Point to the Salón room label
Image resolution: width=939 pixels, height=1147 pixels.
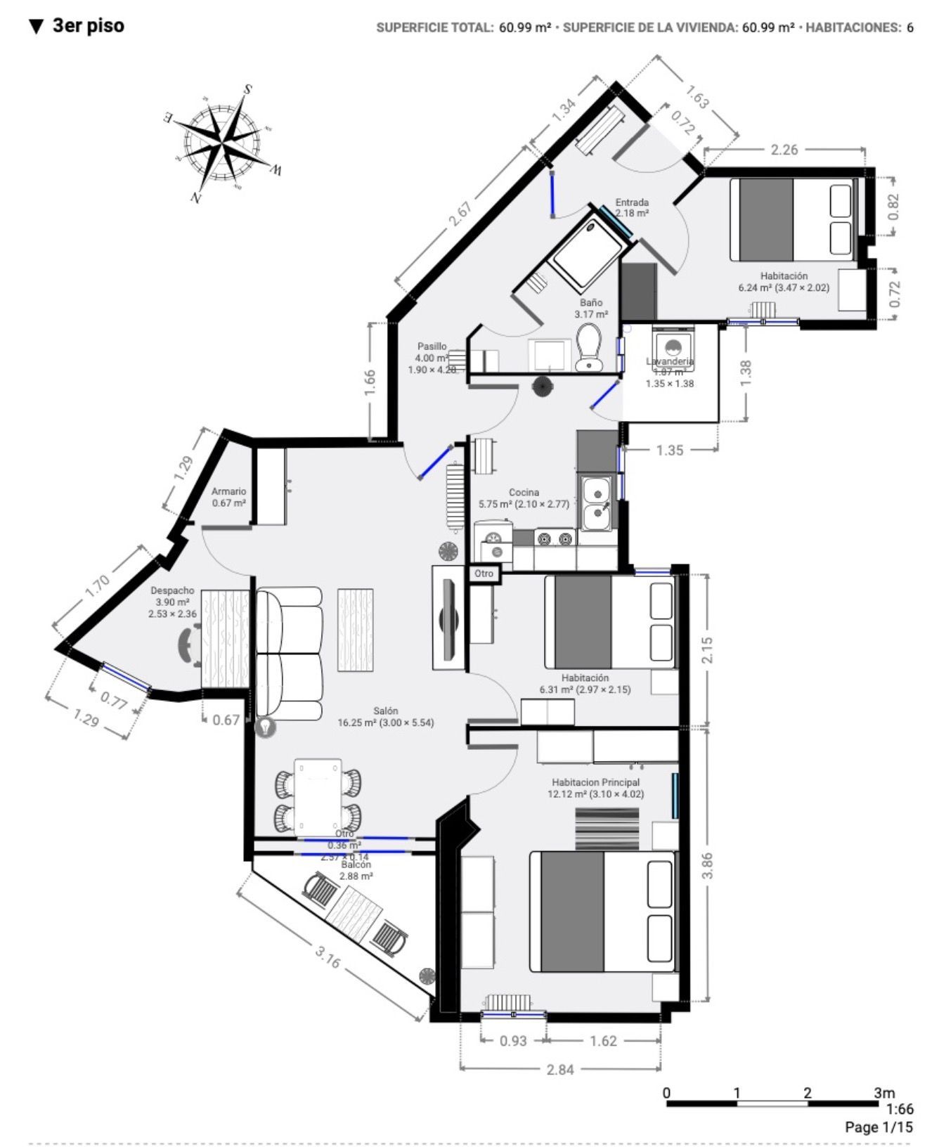pos(386,711)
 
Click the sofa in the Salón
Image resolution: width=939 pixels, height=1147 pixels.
pos(289,654)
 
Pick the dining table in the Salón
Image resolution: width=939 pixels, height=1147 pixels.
pos(318,796)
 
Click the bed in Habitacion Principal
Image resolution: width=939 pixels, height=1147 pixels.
pos(602,912)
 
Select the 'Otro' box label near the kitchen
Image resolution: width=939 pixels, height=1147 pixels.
pos(484,573)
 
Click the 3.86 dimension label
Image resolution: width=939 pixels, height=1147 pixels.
pos(707,865)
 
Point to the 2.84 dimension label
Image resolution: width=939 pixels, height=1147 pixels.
pos(560,1069)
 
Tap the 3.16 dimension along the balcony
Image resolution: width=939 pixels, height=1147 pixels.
pos(328,957)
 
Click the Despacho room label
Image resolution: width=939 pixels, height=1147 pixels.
pos(172,590)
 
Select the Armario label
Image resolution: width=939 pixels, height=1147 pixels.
pos(229,491)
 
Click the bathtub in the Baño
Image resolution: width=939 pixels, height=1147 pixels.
pos(588,254)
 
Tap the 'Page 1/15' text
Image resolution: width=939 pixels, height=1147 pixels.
pos(879,1127)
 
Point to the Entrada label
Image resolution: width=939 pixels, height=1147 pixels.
pos(632,202)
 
